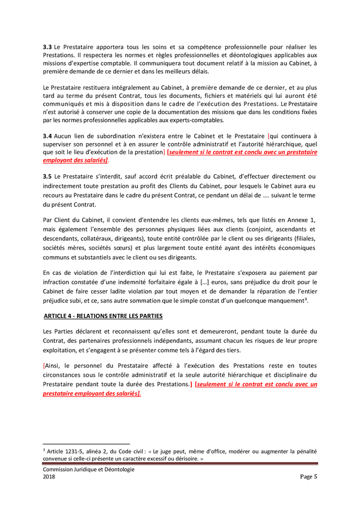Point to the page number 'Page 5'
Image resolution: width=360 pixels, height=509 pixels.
[308, 477]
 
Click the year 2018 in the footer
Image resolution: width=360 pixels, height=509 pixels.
[49, 477]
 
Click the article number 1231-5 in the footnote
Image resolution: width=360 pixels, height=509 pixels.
[75, 452]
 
